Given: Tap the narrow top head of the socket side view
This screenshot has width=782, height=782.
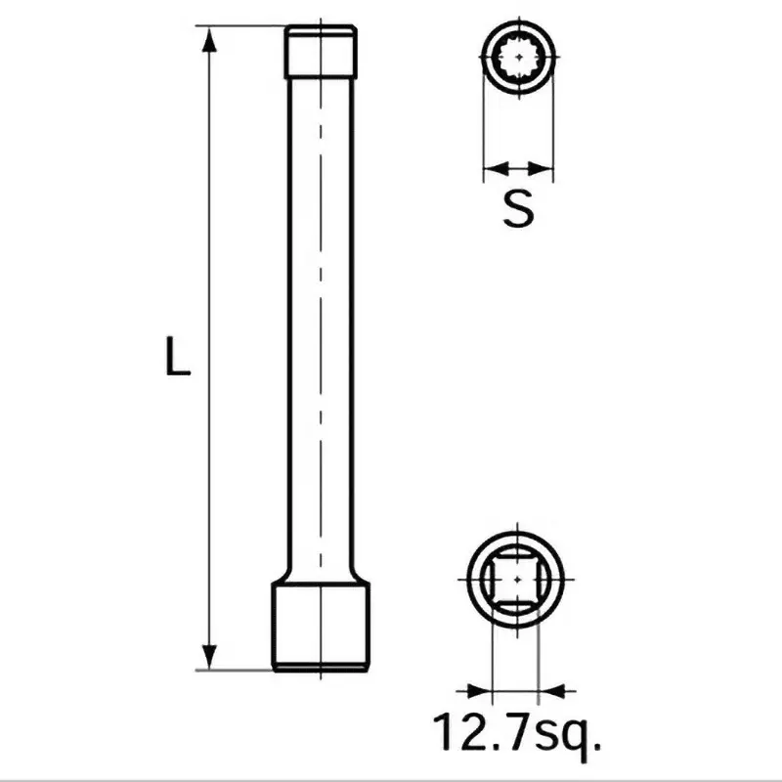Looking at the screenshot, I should [321, 51].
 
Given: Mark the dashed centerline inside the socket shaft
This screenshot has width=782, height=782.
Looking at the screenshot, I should [321, 323].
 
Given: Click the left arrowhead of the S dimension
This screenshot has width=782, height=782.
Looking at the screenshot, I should [492, 166].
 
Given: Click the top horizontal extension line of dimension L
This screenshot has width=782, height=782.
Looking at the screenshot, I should [244, 26].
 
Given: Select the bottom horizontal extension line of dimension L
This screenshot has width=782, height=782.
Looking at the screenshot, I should [235, 670].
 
